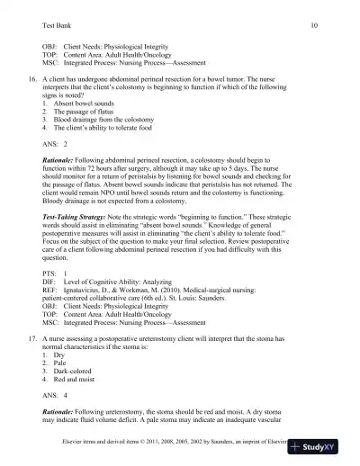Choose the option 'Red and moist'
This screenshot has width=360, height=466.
pos(76,388)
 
